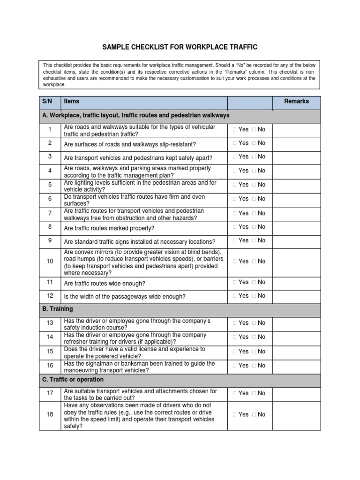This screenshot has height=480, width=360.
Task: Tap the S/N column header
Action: (47, 101)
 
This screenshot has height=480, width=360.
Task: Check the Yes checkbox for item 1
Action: (234, 129)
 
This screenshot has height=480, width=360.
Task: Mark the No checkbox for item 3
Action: (254, 157)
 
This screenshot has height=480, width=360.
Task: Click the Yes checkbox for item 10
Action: (234, 262)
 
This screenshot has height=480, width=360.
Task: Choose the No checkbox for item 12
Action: (254, 296)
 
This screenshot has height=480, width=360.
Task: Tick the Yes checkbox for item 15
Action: (234, 352)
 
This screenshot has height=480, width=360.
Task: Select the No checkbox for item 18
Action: (254, 414)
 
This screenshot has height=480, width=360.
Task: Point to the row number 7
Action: (50, 214)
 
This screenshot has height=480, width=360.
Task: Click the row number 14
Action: (50, 337)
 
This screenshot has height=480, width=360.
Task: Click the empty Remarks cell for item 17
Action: (296, 394)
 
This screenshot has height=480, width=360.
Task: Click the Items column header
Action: (72, 101)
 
